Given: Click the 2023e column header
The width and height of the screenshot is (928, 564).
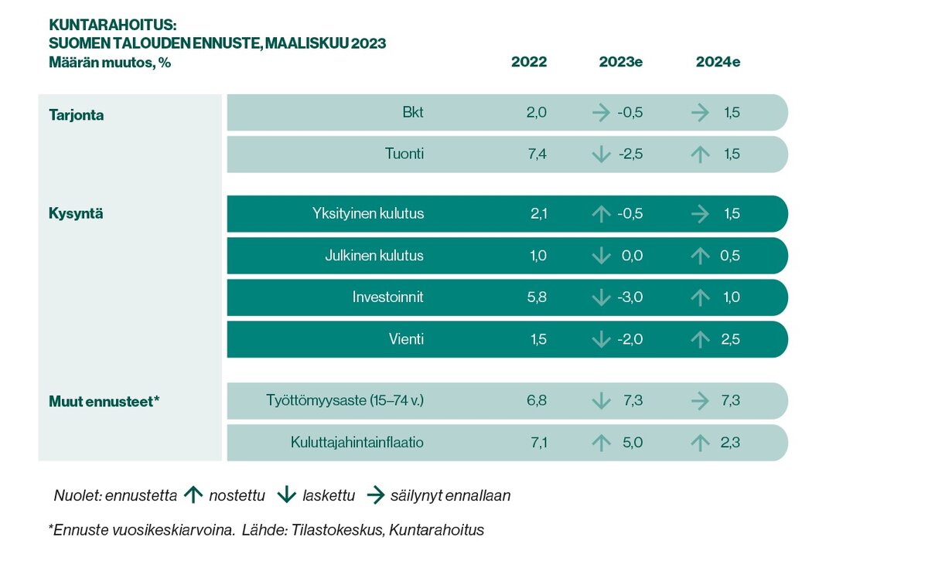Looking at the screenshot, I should [621, 63].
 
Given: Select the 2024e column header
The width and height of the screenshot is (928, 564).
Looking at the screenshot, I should [718, 63].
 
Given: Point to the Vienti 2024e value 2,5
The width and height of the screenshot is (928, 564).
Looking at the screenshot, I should [729, 339].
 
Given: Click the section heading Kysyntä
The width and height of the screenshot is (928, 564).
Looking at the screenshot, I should [76, 214].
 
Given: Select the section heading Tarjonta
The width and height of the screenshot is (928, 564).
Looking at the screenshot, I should [76, 115].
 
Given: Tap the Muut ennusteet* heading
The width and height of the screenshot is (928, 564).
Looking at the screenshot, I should [104, 401].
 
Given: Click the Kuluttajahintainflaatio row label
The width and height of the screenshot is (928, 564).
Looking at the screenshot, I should [357, 443].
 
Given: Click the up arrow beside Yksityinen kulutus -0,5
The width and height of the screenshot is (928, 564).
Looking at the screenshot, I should [601, 214].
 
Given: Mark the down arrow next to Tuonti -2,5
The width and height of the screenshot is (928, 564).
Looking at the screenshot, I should [601, 155].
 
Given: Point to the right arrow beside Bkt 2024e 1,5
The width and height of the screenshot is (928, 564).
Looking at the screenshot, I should [701, 113].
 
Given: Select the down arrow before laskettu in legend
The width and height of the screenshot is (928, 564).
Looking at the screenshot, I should [287, 495].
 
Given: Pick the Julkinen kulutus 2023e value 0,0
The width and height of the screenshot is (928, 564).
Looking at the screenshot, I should [632, 256].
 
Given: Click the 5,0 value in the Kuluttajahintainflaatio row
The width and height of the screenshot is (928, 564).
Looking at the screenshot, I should [632, 443].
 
